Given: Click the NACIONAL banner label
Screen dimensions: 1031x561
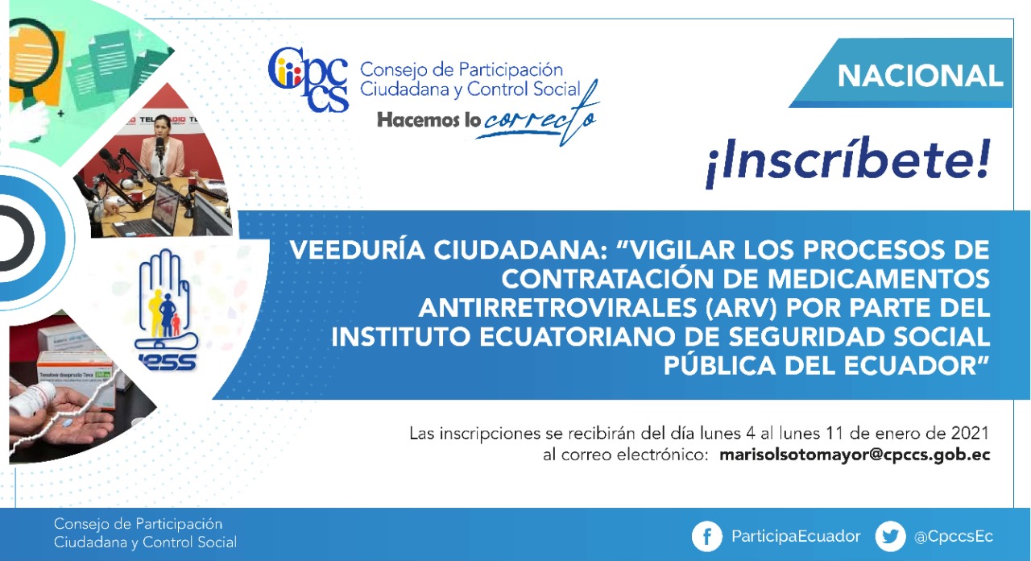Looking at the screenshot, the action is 920,76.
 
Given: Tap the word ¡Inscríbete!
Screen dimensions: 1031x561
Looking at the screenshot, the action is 848,161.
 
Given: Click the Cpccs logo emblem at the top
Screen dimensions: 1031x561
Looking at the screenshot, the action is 308,79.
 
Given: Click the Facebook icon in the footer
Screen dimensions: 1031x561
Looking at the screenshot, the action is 706,536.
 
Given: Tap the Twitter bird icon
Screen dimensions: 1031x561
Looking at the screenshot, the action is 890,536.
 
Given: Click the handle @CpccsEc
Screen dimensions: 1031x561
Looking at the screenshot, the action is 954,537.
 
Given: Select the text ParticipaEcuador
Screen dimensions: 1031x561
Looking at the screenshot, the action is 796,537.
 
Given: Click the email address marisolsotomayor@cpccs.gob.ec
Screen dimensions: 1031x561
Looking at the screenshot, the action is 855,455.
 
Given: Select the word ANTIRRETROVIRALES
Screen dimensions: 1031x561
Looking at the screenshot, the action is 558,308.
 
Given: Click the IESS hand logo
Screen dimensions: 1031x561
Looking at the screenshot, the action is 167,310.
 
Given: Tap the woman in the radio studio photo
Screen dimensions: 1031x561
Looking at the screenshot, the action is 161,147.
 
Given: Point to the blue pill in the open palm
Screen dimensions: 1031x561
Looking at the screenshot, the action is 67,422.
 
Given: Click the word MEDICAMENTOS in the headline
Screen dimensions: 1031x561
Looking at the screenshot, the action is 879,279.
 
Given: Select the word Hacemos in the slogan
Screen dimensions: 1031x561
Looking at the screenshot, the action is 418,120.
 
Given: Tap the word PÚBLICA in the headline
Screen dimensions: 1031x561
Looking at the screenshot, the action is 719,366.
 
